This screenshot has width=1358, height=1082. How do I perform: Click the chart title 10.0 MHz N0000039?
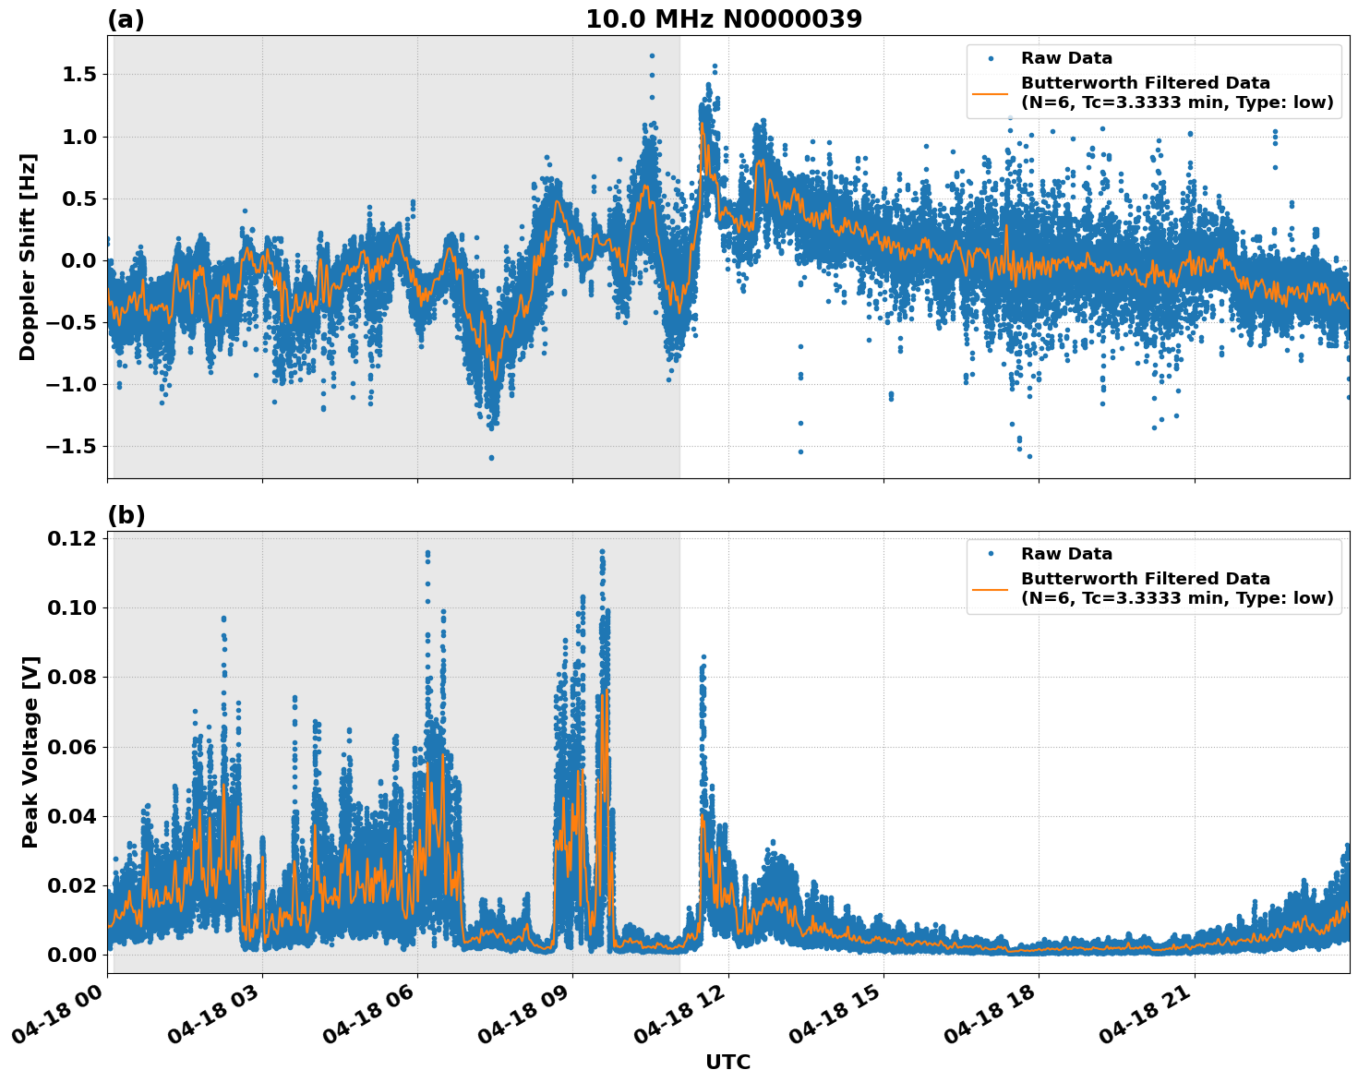(x=724, y=19)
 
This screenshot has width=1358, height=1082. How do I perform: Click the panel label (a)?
(x=126, y=19)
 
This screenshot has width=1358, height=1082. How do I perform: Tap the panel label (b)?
(x=126, y=515)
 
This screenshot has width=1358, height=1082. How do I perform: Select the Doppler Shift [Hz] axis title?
(x=29, y=257)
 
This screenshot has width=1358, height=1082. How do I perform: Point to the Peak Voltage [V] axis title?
(x=30, y=751)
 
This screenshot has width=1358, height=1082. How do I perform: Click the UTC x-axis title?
(x=727, y=1062)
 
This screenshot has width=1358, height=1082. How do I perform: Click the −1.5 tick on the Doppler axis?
(x=70, y=447)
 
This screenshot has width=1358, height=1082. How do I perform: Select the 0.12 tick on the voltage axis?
(x=72, y=539)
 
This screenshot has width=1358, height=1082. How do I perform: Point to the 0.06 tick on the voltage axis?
(x=72, y=747)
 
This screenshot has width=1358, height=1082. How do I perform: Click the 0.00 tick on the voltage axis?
(x=72, y=955)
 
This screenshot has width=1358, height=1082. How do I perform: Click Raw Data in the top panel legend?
(x=1066, y=58)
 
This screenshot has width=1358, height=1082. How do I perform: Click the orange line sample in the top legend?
(x=990, y=92)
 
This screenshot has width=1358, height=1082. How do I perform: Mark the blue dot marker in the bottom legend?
(x=990, y=554)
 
